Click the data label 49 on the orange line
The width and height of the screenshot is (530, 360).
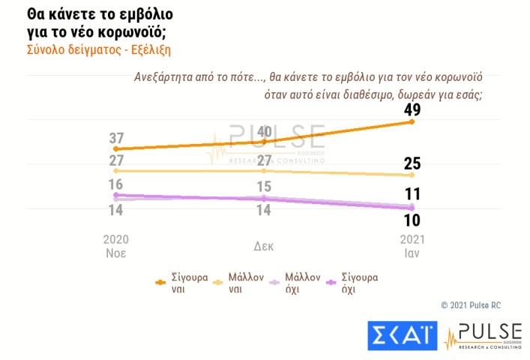click(x=411, y=110)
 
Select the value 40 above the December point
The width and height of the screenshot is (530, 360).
click(x=263, y=130)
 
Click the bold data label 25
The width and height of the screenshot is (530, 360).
click(x=411, y=163)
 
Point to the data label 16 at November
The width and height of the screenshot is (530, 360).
click(x=115, y=184)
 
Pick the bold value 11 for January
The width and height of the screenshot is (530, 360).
click(x=411, y=194)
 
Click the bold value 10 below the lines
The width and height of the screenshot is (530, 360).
click(x=411, y=220)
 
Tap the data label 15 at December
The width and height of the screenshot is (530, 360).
click(x=263, y=186)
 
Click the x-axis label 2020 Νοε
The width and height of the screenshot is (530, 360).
click(x=115, y=245)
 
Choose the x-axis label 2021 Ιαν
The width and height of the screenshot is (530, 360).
click(x=411, y=245)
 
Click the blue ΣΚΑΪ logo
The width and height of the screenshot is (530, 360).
click(x=403, y=334)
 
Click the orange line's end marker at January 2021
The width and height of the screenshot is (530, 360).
click(x=412, y=121)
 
